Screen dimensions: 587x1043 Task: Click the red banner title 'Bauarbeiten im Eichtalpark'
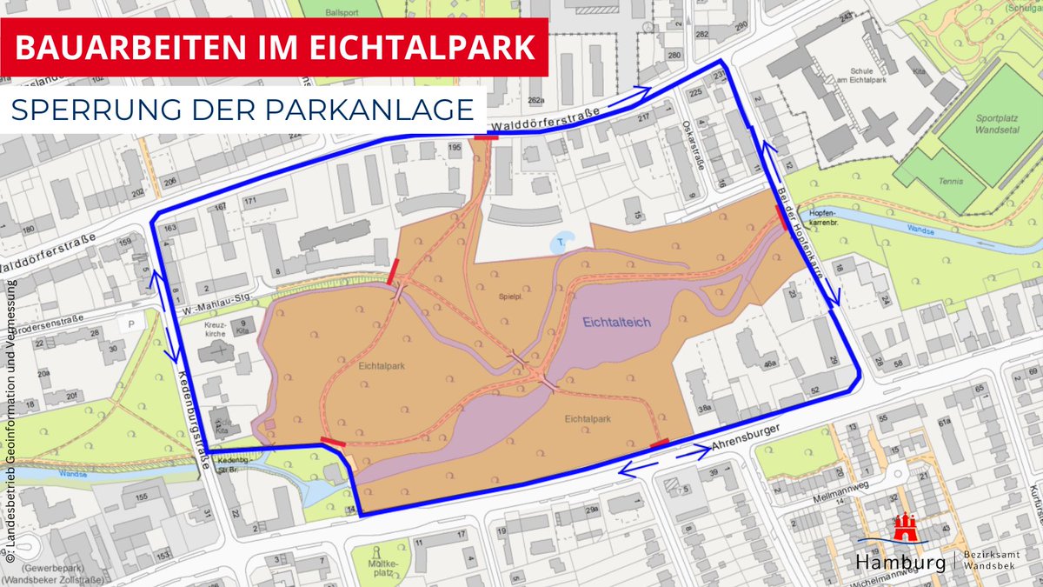(x=274, y=47)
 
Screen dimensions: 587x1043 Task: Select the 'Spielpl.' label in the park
(x=508, y=296)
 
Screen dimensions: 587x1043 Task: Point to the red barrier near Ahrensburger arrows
(x=660, y=444)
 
